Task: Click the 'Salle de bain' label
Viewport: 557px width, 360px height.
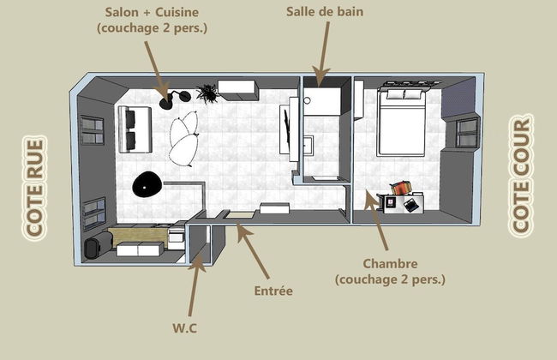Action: pyautogui.click(x=326, y=12)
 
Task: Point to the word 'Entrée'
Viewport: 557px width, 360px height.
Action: pyautogui.click(x=274, y=291)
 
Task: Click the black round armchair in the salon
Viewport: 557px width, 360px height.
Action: pyautogui.click(x=147, y=183)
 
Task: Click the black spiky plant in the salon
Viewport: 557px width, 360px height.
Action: pyautogui.click(x=207, y=92)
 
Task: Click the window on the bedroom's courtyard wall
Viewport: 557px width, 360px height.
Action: pyautogui.click(x=467, y=133)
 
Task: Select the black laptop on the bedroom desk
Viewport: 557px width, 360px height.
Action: pyautogui.click(x=412, y=205)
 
